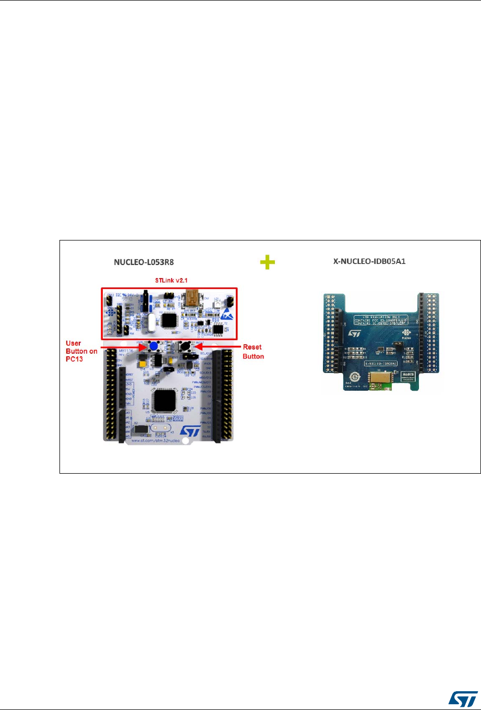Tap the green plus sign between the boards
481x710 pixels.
click(x=267, y=264)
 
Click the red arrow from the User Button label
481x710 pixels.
click(x=122, y=346)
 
